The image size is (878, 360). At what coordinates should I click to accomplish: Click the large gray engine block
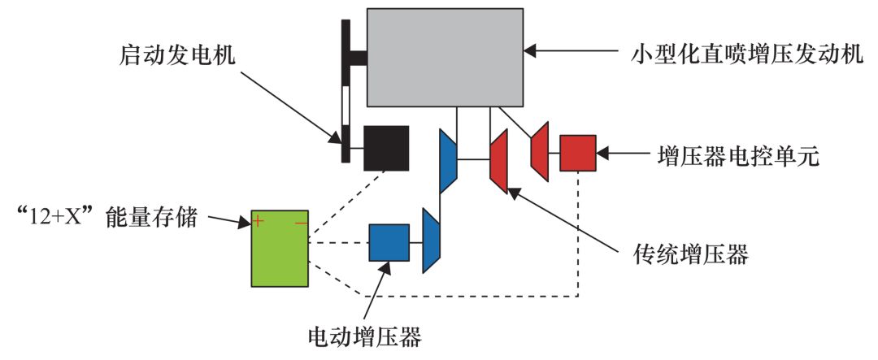tap(445, 57)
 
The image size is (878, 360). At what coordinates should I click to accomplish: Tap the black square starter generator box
tap(385, 147)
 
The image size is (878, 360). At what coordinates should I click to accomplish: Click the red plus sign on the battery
tap(258, 220)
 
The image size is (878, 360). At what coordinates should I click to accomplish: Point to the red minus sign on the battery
tap(301, 221)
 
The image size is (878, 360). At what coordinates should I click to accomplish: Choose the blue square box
tap(389, 242)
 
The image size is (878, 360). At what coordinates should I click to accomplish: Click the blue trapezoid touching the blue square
tap(432, 241)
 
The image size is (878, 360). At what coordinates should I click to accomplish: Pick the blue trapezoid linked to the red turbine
tap(448, 160)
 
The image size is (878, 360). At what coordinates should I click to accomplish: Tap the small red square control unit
tap(578, 153)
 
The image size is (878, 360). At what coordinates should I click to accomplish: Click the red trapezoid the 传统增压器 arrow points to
tap(498, 162)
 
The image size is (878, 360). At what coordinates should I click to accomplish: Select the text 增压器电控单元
tap(737, 154)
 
